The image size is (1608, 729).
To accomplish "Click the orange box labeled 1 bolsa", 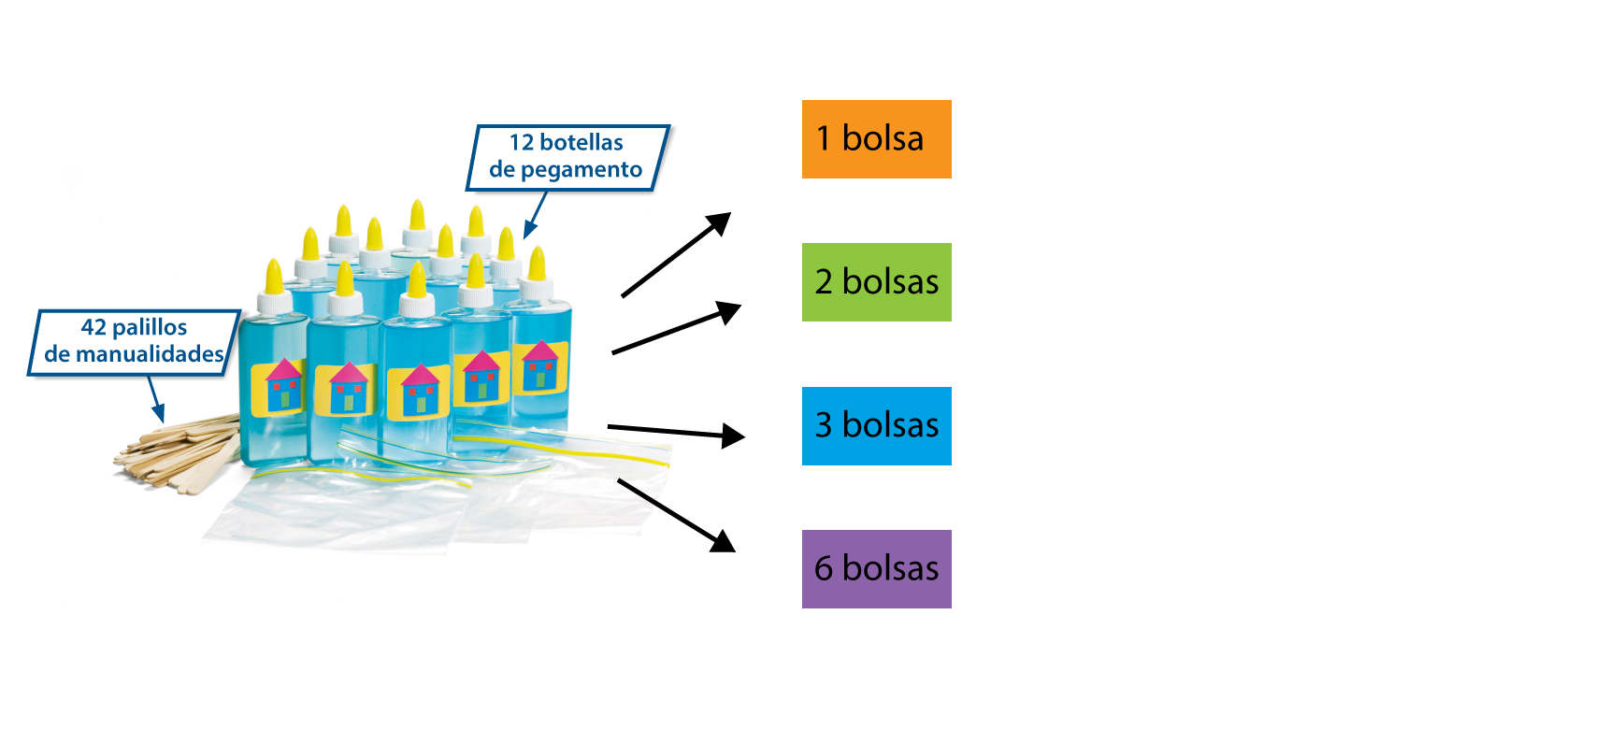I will [876, 139].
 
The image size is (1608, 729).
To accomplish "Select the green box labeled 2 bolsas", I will [876, 282].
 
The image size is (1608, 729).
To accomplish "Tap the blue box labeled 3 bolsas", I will [876, 426].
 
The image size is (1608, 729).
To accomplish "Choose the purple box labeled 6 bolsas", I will [876, 569].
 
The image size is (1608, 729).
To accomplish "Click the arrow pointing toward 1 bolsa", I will [675, 255].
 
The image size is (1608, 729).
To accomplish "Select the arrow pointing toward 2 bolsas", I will [675, 328].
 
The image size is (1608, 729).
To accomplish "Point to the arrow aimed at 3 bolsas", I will [675, 431].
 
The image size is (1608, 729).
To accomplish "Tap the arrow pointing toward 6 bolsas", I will [675, 515].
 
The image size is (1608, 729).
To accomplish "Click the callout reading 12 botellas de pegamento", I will [567, 157].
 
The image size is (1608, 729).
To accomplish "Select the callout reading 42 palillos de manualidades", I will [134, 342].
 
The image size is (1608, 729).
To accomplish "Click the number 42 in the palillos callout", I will [93, 327].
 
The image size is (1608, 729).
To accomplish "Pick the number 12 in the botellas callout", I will [522, 143].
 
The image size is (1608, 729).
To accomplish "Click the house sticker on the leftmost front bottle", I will [283, 385].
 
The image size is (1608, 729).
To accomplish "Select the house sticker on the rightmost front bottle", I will [539, 366].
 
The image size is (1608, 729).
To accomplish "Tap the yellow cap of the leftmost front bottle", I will [274, 277].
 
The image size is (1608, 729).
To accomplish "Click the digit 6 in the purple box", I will [824, 569].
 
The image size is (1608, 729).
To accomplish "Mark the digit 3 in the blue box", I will [824, 426].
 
